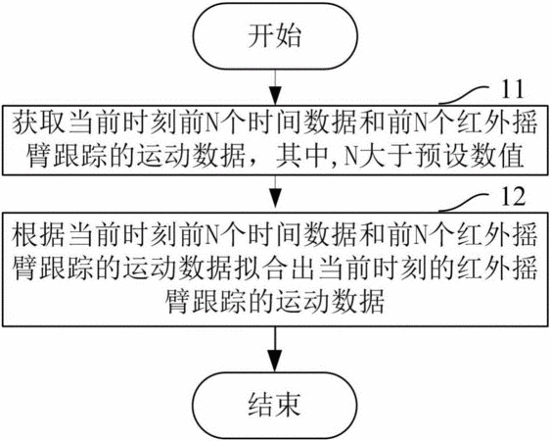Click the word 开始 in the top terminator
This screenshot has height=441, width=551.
[x=274, y=36]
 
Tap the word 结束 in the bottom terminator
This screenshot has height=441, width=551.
[x=274, y=404]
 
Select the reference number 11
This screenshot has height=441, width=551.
[x=513, y=88]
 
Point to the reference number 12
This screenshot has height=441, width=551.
[x=513, y=196]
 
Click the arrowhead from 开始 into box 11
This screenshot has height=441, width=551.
[x=275, y=96]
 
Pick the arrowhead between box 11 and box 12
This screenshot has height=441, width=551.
[x=275, y=199]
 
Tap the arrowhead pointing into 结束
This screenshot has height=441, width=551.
[x=275, y=362]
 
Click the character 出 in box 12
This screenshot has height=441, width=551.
[x=305, y=269]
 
